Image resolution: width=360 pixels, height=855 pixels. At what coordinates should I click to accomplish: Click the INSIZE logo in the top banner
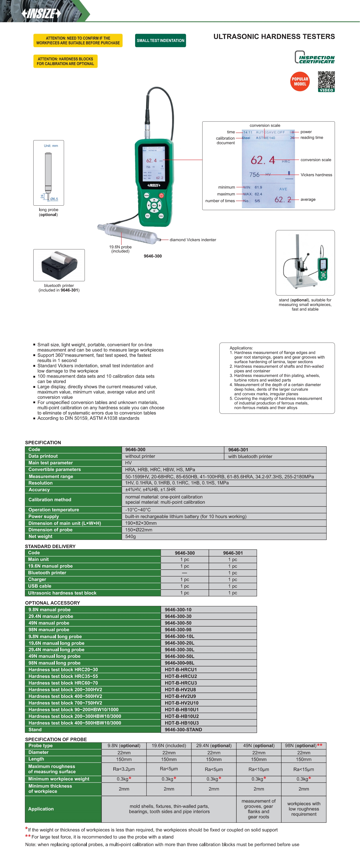(x=41, y=13)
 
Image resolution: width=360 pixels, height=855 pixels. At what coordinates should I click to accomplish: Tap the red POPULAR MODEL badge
(x=300, y=82)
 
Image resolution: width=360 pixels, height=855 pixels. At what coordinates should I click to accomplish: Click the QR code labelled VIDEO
(x=326, y=80)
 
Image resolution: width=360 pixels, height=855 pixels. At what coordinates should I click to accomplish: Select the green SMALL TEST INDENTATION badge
(x=161, y=41)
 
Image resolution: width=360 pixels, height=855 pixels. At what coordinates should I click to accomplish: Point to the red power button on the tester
(x=161, y=195)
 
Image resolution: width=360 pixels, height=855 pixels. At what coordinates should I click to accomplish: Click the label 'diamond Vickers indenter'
(x=193, y=240)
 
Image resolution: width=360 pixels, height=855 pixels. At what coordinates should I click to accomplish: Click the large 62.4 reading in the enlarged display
(x=263, y=160)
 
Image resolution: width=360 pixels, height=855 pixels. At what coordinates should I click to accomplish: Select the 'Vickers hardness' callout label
(x=316, y=175)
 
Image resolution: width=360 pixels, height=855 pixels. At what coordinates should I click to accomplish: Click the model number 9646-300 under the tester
(x=153, y=256)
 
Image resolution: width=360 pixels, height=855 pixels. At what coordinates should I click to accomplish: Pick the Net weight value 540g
(x=131, y=536)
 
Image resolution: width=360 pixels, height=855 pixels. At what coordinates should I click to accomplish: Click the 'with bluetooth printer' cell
(x=250, y=456)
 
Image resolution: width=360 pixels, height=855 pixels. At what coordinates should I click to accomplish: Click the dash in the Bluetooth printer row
(x=185, y=573)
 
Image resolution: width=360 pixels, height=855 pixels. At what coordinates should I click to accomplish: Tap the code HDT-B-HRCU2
(x=181, y=676)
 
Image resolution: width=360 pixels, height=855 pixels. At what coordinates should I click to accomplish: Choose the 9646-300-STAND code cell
(x=183, y=729)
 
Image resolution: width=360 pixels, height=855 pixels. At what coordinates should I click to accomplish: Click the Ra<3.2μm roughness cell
(x=124, y=769)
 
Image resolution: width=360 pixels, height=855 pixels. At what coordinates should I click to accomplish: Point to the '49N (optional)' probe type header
(x=259, y=746)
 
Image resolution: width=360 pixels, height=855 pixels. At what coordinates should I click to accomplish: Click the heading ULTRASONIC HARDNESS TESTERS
(x=274, y=36)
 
